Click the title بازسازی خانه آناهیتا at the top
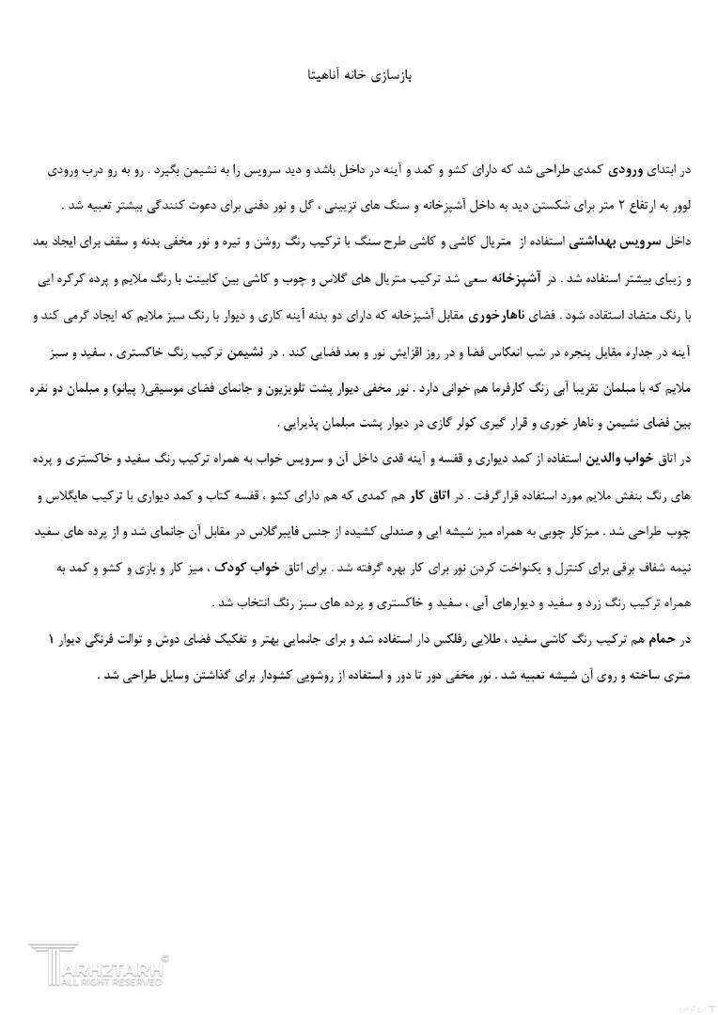[x=359, y=73]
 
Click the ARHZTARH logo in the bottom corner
[x=99, y=966]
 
